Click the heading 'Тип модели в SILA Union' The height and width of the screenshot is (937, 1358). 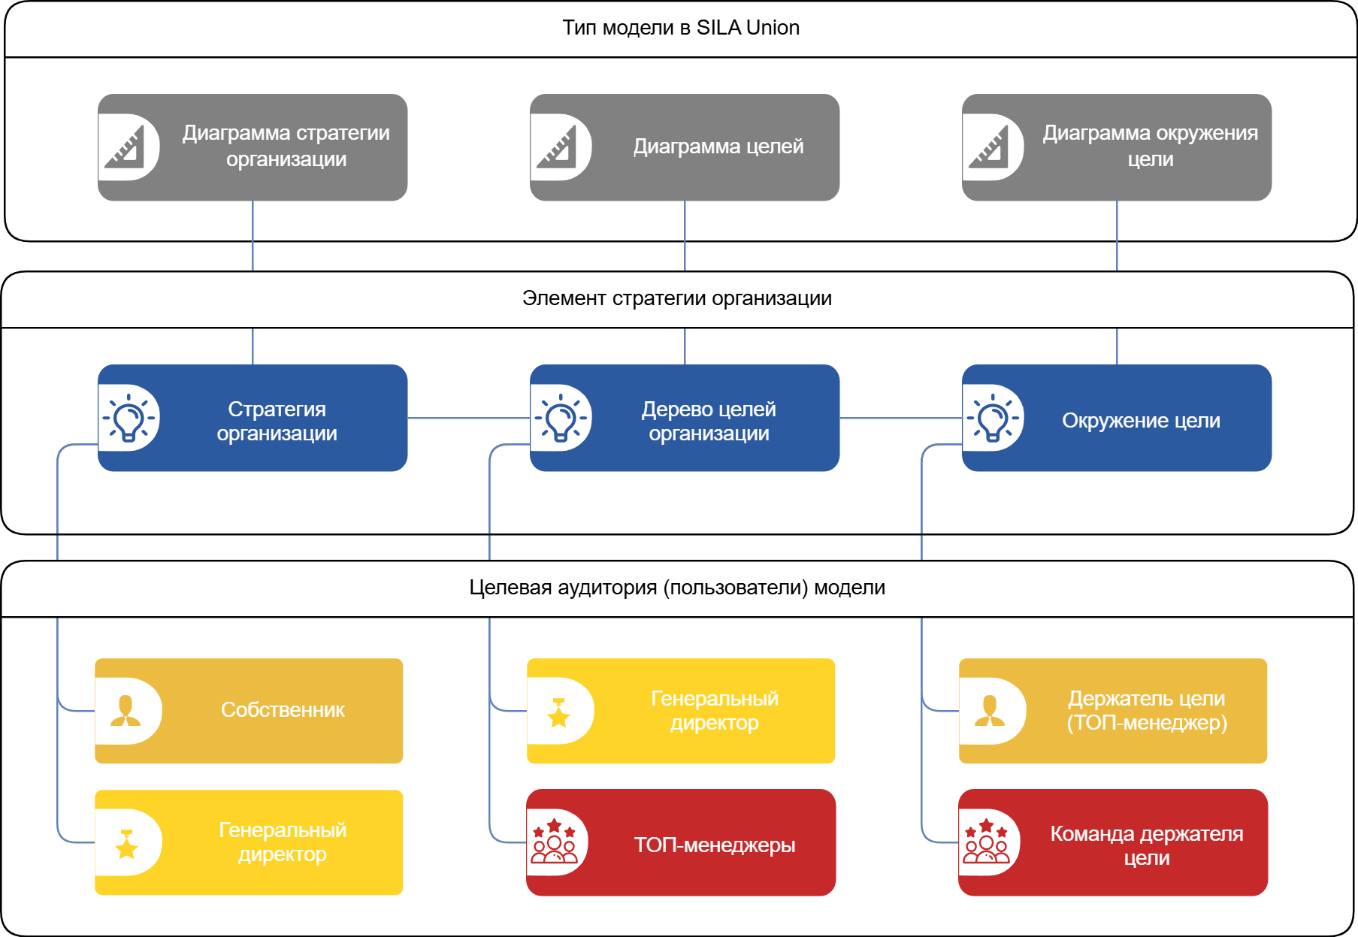click(x=680, y=28)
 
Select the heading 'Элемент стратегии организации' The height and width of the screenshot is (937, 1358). click(x=676, y=298)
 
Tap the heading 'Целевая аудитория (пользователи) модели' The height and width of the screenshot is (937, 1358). click(x=676, y=588)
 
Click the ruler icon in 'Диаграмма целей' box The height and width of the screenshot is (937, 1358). click(x=558, y=147)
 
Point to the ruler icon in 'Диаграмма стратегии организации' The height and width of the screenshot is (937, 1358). click(x=126, y=147)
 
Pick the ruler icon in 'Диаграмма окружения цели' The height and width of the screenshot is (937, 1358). click(x=990, y=147)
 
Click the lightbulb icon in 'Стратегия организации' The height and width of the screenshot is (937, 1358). click(x=129, y=419)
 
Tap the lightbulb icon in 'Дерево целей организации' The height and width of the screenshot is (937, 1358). click(x=561, y=419)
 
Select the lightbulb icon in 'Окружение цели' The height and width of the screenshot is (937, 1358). click(x=993, y=419)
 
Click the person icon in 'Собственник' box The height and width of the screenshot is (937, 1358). click(x=126, y=711)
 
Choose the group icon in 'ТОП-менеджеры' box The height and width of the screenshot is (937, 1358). click(x=555, y=842)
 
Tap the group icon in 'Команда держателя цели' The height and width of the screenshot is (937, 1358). click(x=987, y=842)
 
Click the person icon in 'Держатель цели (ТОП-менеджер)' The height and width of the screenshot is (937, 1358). click(x=990, y=711)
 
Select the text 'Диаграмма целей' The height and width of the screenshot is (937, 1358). click(x=718, y=147)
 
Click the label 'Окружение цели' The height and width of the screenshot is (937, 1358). click(x=1141, y=421)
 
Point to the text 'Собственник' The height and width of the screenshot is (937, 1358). click(x=283, y=710)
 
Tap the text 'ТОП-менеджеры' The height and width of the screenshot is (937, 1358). click(x=715, y=845)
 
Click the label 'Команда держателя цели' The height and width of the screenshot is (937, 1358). click(x=1146, y=845)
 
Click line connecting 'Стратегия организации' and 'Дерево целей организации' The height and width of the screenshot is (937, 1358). click(x=468, y=418)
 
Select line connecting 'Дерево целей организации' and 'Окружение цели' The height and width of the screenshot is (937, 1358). click(x=900, y=418)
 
